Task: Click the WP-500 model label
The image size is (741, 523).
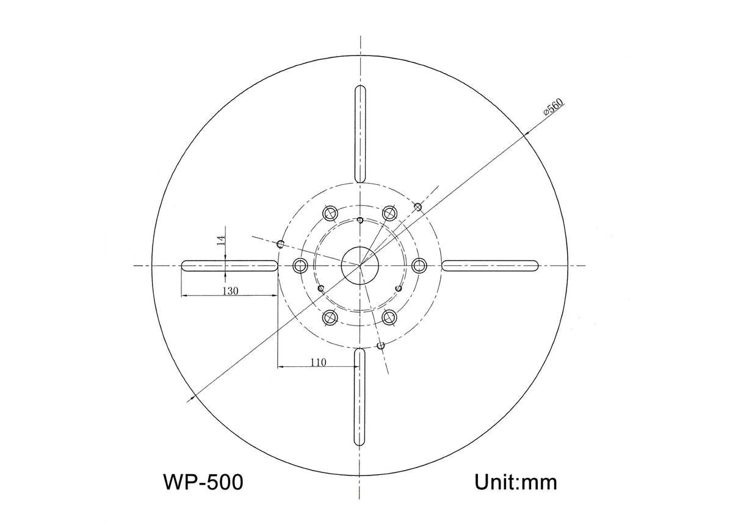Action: [203, 482]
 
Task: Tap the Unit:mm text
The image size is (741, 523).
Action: [516, 482]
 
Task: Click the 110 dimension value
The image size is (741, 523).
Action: [318, 362]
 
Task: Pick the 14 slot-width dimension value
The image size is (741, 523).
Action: [221, 240]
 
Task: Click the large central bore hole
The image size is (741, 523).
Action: [360, 266]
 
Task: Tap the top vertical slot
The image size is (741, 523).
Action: [360, 133]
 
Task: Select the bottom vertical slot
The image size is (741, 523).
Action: [360, 397]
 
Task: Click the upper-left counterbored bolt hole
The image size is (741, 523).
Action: [331, 213]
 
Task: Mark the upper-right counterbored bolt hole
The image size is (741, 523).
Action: [389, 213]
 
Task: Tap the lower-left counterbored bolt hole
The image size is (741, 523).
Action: [330, 317]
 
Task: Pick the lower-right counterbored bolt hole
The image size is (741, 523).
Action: [389, 317]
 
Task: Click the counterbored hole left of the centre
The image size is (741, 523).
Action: [300, 266]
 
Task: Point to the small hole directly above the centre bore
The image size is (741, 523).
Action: [360, 220]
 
